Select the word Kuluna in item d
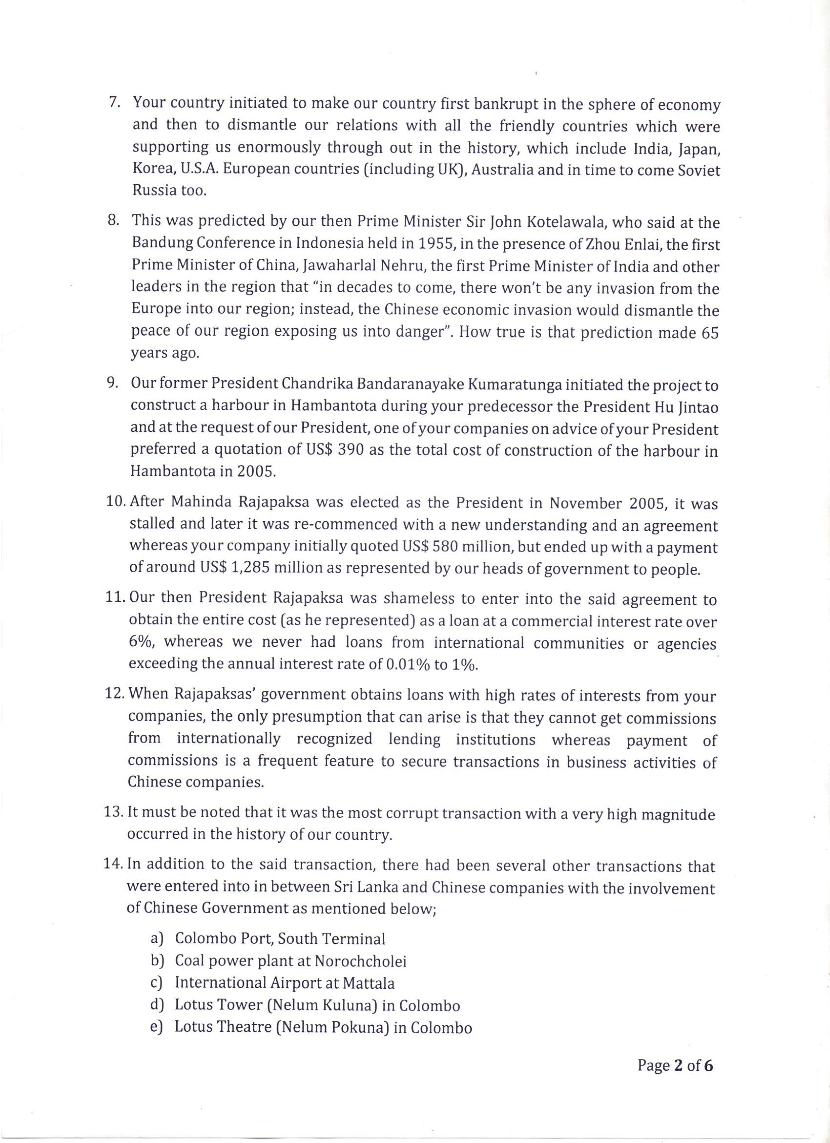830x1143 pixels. point(343,1005)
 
